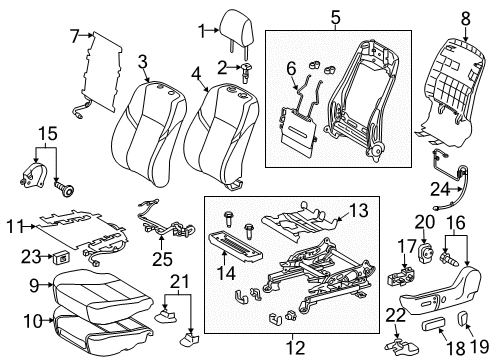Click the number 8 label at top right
465,16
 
